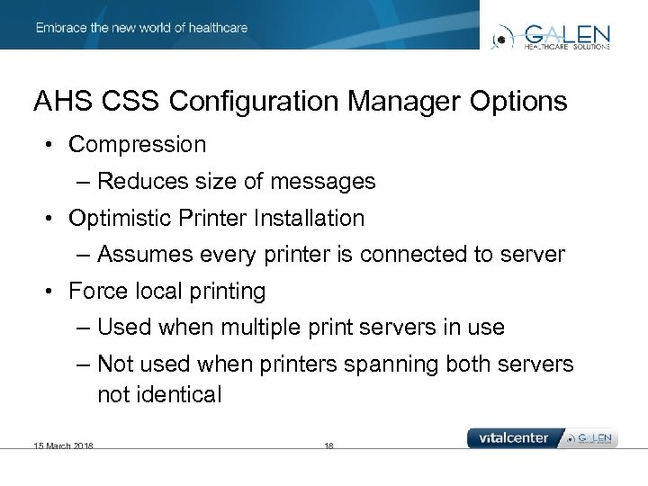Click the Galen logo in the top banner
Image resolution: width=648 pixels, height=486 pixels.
[x=551, y=35]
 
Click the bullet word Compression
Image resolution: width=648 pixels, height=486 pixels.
[x=137, y=144]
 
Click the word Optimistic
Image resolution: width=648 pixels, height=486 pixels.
[x=123, y=218]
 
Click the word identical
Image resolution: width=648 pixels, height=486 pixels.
[x=179, y=394]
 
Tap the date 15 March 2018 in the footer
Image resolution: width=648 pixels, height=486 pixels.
[x=64, y=445]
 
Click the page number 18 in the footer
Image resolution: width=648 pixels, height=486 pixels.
[x=328, y=445]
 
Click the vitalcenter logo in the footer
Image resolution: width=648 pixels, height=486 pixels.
[x=514, y=438]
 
